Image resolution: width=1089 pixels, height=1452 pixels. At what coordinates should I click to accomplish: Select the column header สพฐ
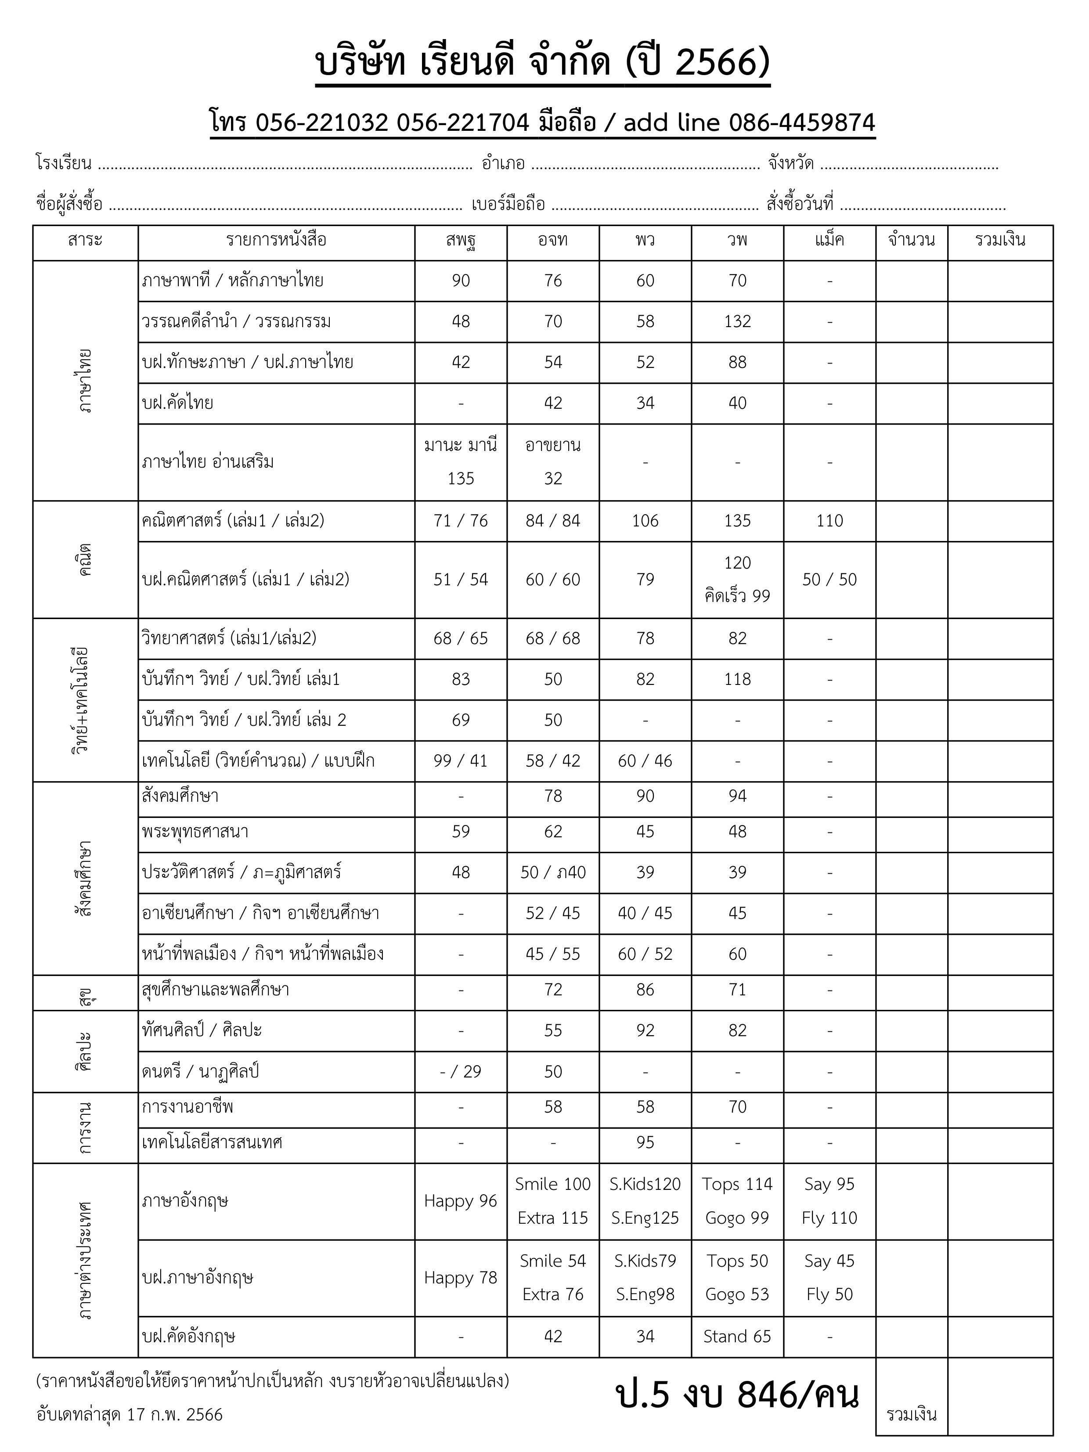click(460, 240)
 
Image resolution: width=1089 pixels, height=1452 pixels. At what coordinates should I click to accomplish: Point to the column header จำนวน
click(911, 240)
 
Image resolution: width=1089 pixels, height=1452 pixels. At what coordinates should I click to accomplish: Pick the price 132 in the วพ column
click(737, 322)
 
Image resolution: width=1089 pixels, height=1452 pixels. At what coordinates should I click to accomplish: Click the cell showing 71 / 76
click(460, 521)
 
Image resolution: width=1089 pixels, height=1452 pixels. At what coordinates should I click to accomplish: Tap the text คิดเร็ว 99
click(737, 596)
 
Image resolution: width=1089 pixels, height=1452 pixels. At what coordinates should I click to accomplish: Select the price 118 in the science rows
click(737, 679)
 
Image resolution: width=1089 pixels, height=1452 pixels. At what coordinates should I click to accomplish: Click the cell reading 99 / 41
click(460, 761)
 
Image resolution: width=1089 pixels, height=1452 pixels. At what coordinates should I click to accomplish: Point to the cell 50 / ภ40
click(553, 872)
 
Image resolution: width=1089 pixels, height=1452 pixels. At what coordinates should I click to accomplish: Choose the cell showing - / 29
click(460, 1072)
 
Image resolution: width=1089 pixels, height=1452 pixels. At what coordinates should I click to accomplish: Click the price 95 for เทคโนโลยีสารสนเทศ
click(645, 1143)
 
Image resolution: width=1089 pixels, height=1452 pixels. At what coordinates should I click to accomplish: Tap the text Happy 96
click(460, 1201)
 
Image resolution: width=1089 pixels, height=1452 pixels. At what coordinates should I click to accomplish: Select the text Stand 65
click(737, 1337)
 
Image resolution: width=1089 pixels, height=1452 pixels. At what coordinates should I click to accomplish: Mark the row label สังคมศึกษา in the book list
click(180, 796)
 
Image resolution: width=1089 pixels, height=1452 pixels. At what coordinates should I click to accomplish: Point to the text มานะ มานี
click(460, 445)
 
